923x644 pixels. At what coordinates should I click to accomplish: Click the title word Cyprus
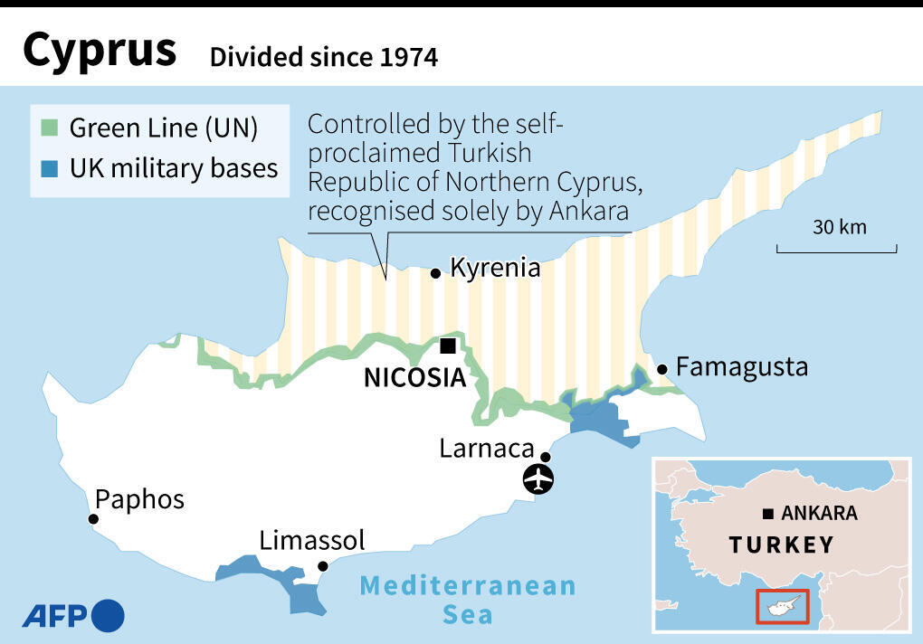tap(100, 52)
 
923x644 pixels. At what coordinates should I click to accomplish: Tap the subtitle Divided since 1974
tap(323, 58)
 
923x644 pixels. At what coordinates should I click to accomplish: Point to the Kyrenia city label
tap(495, 268)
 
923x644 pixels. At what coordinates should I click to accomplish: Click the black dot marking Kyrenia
tap(435, 272)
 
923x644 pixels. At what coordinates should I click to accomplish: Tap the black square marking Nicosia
tap(447, 346)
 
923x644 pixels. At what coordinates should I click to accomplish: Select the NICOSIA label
tap(414, 377)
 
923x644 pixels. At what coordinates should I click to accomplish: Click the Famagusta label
tap(742, 367)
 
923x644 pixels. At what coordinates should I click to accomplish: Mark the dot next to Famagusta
tap(662, 368)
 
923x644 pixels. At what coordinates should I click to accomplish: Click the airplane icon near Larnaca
tap(540, 478)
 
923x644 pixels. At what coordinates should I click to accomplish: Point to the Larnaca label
tap(487, 448)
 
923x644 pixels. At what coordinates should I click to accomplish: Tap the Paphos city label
tap(139, 499)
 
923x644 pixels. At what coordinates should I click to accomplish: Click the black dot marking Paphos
tap(92, 519)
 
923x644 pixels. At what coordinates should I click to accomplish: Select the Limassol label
tap(312, 541)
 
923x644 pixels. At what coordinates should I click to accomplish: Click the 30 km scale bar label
tap(839, 227)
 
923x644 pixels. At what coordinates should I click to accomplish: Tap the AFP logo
tap(73, 616)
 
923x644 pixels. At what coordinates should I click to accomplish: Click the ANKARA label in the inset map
tap(819, 514)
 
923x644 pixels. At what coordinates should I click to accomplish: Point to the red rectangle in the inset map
tap(781, 606)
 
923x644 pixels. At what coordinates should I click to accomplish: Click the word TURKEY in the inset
tap(781, 545)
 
